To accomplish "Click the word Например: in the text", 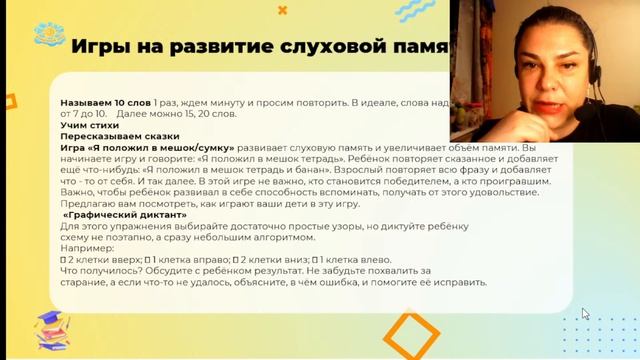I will coord(88,247).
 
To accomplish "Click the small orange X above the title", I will coord(283,10).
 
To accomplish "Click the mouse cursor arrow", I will coord(586,314).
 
